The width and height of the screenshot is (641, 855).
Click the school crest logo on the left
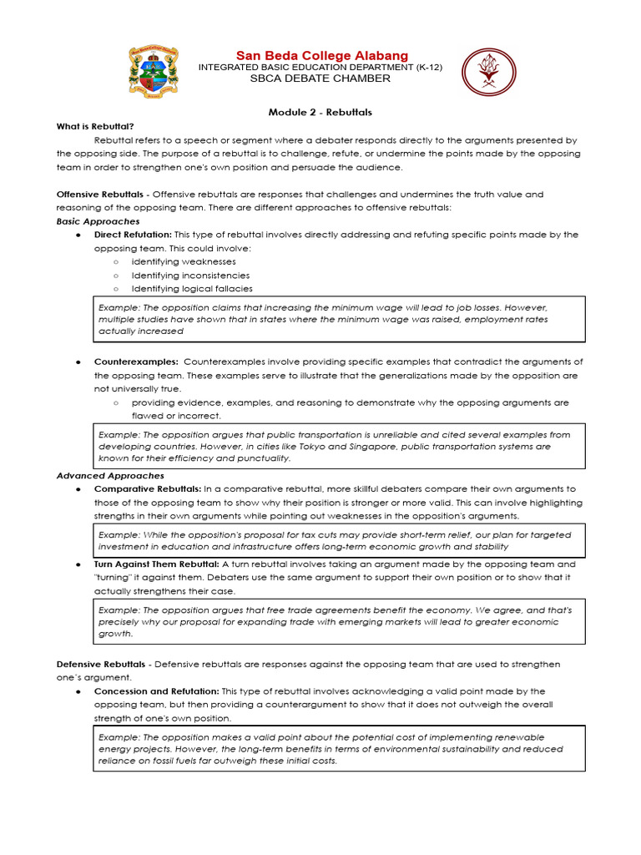(153, 71)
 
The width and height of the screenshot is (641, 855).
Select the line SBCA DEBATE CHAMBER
(320, 78)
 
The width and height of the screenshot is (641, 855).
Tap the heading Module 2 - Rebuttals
(320, 112)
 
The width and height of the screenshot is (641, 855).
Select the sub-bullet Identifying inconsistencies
(190, 275)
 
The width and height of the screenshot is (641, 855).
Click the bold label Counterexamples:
(136, 362)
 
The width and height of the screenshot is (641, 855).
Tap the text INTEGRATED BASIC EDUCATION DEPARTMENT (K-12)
(320, 67)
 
